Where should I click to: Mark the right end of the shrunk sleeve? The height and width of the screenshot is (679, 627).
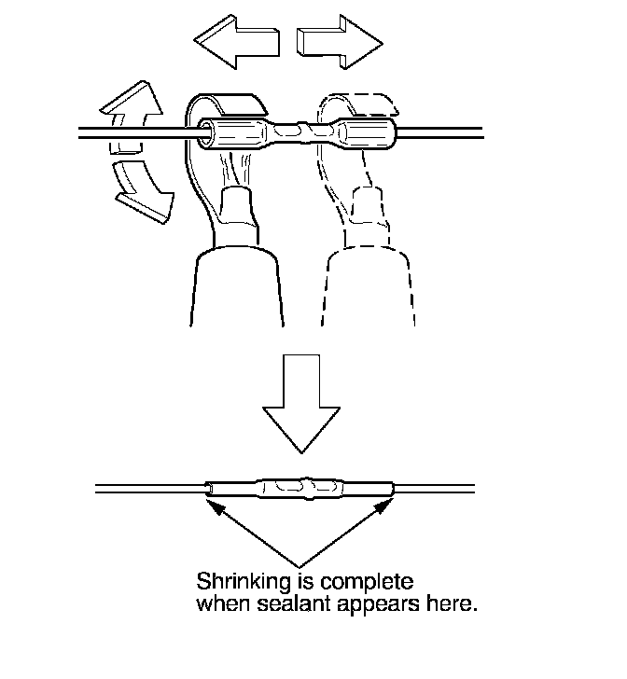point(393,489)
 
